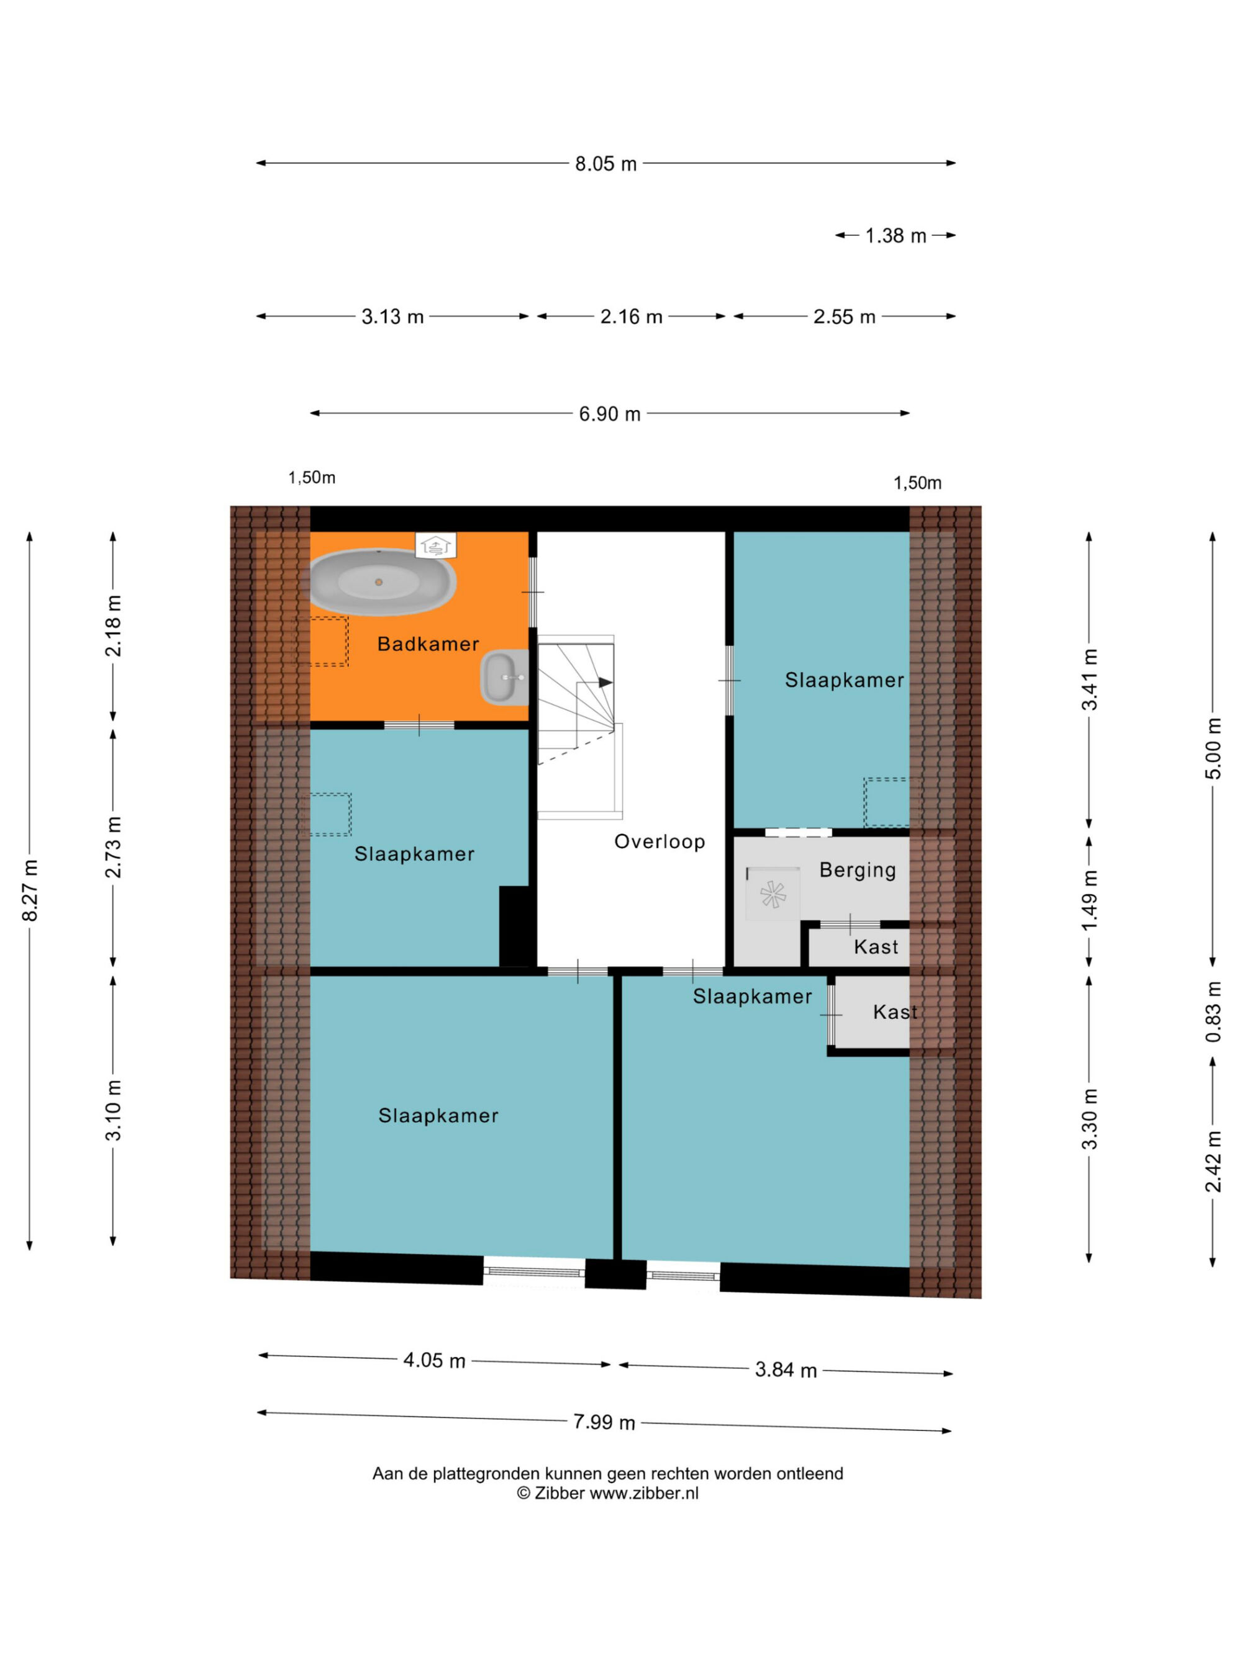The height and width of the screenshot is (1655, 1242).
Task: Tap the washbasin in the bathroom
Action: click(x=505, y=677)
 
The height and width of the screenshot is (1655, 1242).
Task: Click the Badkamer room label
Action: click(x=427, y=644)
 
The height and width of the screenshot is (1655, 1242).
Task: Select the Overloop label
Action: click(x=660, y=841)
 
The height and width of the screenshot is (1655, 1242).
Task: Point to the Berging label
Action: click(x=857, y=870)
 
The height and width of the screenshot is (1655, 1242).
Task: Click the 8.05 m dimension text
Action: click(x=605, y=164)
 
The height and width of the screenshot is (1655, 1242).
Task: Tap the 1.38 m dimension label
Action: click(x=895, y=236)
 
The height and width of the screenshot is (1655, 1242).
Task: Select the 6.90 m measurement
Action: click(x=609, y=414)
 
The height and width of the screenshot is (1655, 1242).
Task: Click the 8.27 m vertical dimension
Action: click(x=30, y=890)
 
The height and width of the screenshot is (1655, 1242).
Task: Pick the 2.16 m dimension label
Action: click(x=631, y=316)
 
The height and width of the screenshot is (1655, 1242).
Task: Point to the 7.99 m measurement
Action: click(x=604, y=1422)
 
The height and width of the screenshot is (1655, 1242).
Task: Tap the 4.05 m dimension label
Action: click(x=434, y=1360)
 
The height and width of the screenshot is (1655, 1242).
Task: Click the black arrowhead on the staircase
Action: click(x=605, y=683)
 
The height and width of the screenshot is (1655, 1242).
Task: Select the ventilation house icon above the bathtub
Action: click(x=436, y=545)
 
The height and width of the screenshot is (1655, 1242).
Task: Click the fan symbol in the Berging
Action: click(x=772, y=894)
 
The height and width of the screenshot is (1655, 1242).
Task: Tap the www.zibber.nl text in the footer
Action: click(x=644, y=1492)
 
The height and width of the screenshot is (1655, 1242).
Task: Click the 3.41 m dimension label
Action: click(x=1089, y=679)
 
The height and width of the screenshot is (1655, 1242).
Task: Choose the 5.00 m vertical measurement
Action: click(x=1213, y=749)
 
